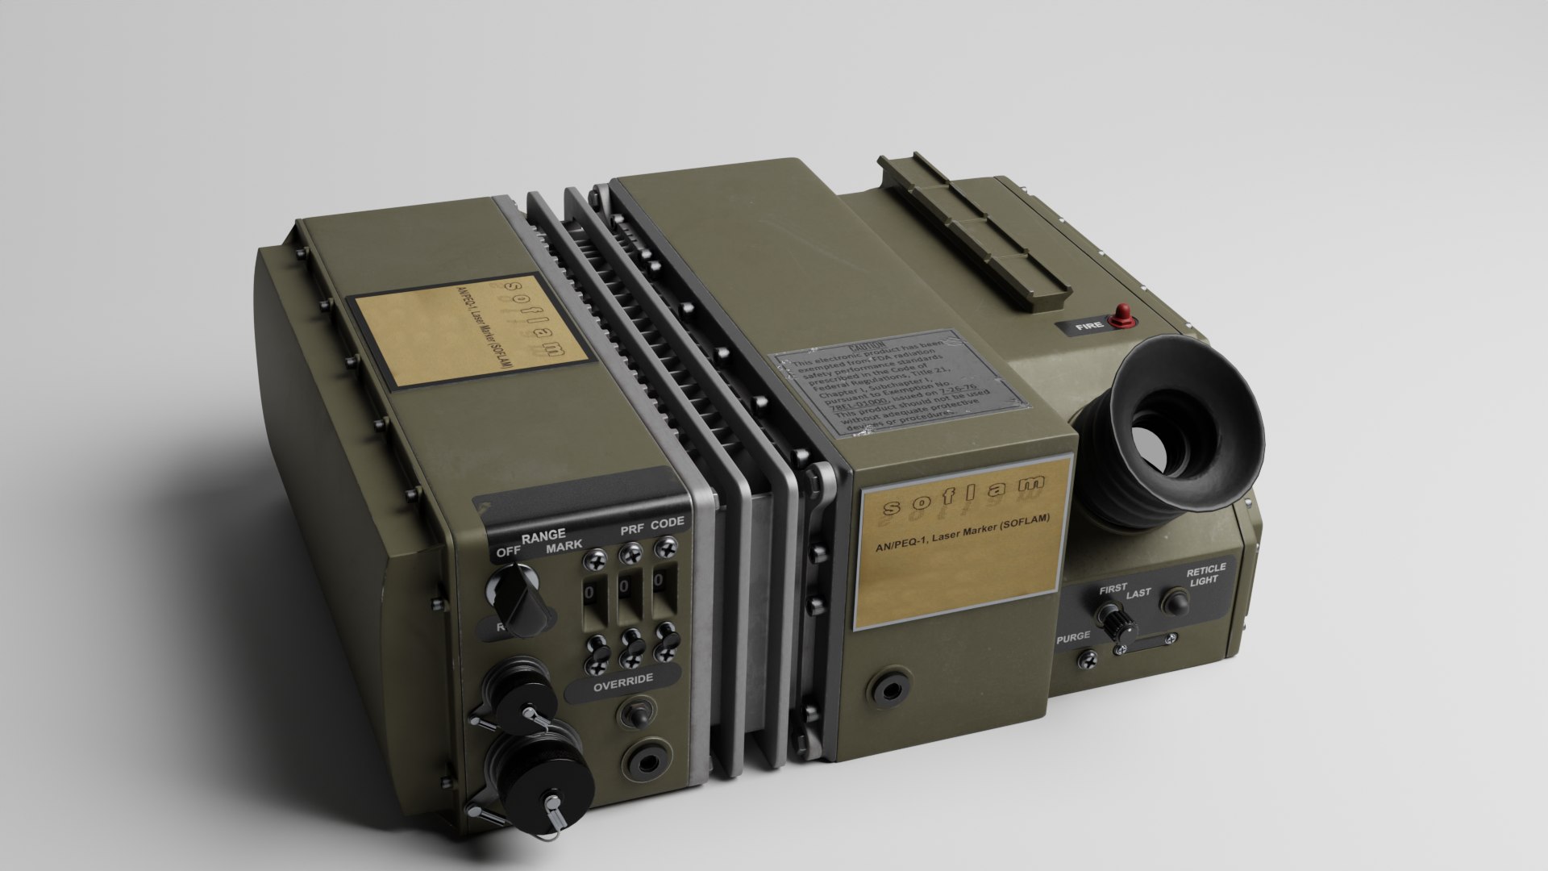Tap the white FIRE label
(1089, 328)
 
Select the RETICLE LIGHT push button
(1175, 602)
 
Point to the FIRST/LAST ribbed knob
(1118, 622)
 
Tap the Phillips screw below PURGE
(1088, 661)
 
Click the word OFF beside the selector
(508, 552)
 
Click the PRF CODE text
(652, 526)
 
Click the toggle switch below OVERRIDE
(634, 714)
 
